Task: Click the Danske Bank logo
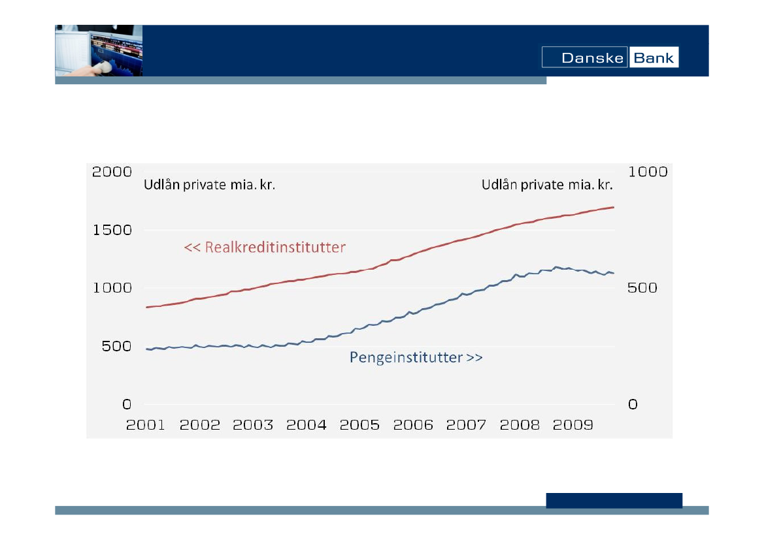610,57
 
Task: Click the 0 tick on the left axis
127,404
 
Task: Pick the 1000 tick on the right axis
648,172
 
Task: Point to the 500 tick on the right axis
642,288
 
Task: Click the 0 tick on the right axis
633,404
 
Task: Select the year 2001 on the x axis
146,425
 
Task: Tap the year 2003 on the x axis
253,425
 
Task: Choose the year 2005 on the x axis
359,425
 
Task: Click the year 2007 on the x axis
466,425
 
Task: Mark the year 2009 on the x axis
573,425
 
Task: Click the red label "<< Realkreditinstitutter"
265,247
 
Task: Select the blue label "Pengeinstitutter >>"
416,358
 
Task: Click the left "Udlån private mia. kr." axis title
209,185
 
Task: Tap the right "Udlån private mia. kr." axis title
547,185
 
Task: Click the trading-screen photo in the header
99,51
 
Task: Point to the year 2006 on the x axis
413,425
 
